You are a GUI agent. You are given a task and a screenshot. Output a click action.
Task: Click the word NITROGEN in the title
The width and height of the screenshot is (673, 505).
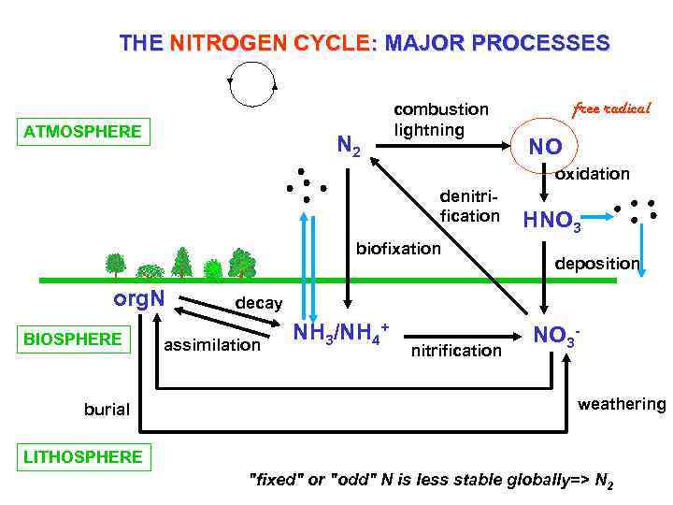pos(223,43)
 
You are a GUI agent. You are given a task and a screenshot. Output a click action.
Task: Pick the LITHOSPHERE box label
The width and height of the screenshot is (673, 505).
pos(84,456)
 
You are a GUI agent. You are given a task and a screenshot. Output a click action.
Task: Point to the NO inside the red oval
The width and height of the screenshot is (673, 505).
pos(545,147)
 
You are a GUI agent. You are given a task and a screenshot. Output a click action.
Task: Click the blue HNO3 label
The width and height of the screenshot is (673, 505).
pos(551,222)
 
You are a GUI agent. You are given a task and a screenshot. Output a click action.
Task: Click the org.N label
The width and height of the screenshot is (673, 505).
pos(139,299)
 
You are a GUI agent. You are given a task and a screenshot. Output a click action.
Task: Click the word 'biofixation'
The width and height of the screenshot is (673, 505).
pos(398,249)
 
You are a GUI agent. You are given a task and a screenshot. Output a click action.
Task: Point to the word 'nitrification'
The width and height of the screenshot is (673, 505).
pos(456,350)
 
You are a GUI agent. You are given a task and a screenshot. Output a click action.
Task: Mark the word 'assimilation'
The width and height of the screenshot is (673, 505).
pos(212,345)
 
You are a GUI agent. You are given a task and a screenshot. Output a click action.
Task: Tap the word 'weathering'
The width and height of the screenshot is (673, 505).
pos(621,404)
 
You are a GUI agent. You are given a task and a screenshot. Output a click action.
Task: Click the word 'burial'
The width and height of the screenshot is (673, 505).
pos(107,409)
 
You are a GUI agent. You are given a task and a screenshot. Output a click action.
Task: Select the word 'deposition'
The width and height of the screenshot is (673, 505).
pos(597,264)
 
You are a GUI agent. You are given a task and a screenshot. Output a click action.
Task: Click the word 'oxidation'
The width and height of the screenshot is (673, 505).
pos(593,174)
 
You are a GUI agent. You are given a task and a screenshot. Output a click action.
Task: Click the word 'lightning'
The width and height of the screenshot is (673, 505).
pos(429,130)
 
